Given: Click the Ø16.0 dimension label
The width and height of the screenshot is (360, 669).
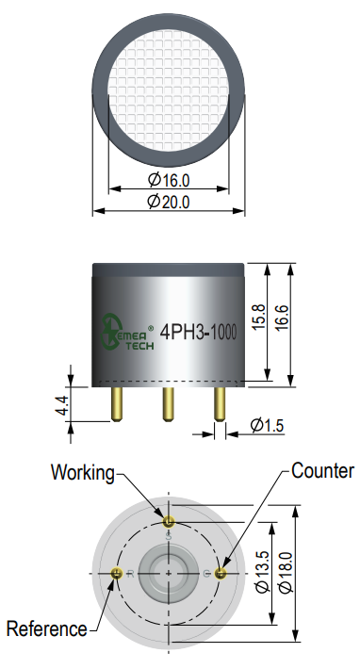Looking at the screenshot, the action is [x=169, y=180].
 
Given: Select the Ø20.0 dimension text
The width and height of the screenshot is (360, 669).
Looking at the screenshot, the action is [x=169, y=202].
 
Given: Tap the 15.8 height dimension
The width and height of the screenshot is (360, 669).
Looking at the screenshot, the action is [x=258, y=317].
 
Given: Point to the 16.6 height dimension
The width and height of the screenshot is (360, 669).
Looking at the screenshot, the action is [x=282, y=318].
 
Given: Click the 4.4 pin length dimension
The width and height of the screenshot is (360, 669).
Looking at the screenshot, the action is [x=61, y=405].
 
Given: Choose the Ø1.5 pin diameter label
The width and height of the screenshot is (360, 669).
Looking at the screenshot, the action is [x=267, y=425].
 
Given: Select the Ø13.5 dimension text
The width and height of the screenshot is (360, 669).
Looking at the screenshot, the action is [x=262, y=572].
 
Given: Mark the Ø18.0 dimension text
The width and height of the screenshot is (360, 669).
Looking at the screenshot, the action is [x=286, y=572].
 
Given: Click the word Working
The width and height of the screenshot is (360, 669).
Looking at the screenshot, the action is [x=83, y=473].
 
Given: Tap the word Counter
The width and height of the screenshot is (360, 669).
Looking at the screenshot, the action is [x=322, y=470].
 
